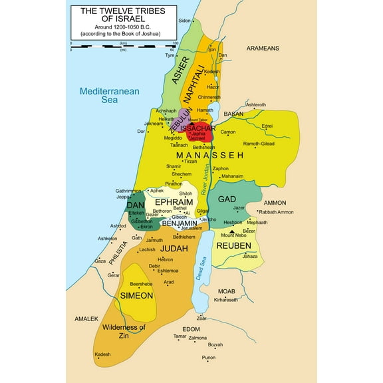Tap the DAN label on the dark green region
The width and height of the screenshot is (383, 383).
(x=135, y=205)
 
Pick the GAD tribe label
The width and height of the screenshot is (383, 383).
(x=227, y=199)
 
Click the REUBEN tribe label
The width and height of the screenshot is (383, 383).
(x=233, y=245)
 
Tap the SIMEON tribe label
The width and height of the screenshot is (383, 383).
(x=136, y=295)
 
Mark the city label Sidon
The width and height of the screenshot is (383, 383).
(x=184, y=21)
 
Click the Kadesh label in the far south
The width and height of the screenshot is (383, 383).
(x=102, y=355)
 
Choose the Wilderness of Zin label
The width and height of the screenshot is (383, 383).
(x=123, y=332)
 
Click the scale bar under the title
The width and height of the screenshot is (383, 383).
(x=123, y=46)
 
